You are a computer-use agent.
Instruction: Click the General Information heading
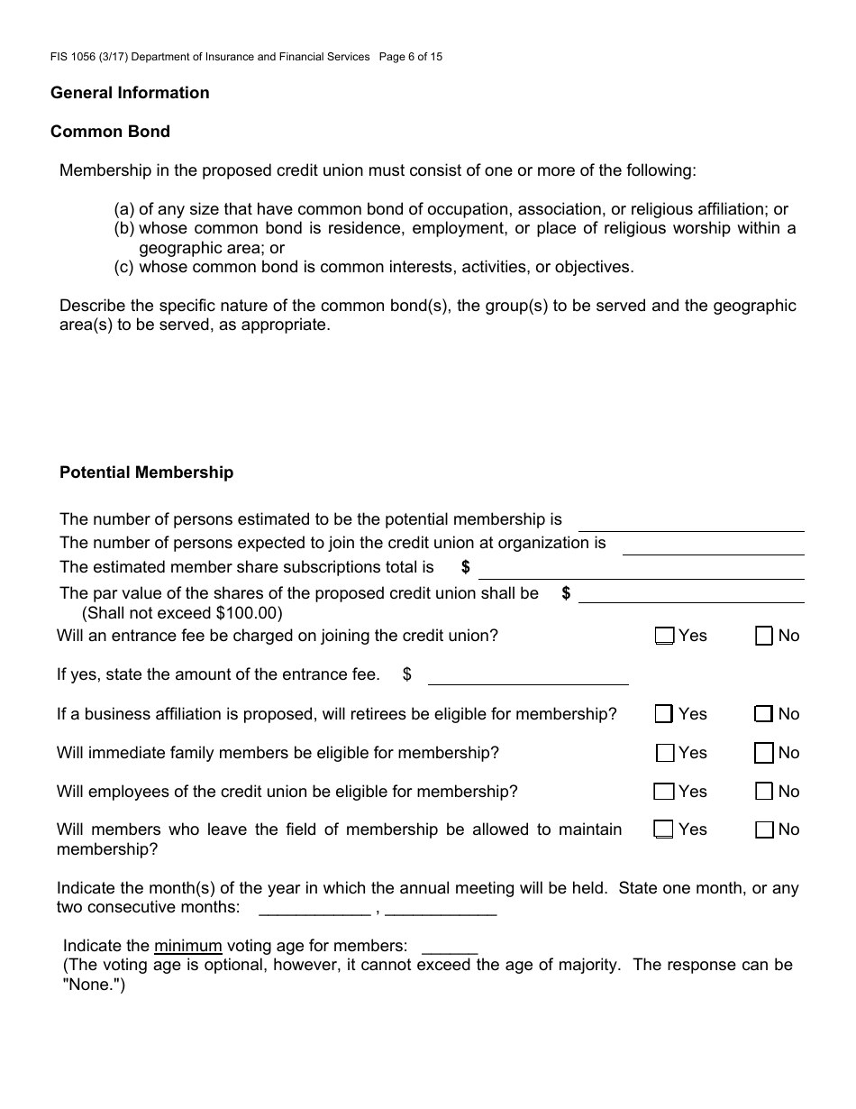click(130, 93)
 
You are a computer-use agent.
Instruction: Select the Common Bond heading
click(110, 132)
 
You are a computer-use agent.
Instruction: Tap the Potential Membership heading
click(146, 472)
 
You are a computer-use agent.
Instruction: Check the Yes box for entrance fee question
click(665, 637)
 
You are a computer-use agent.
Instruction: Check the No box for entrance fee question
click(764, 637)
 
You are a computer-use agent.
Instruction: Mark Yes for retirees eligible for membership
click(665, 714)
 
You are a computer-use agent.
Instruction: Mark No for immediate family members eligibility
click(764, 753)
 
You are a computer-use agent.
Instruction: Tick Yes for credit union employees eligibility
click(665, 792)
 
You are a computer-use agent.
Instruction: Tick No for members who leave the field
click(764, 830)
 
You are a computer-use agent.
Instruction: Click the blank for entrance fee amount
click(527, 676)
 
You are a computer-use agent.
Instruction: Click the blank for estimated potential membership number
click(690, 522)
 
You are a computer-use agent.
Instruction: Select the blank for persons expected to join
click(712, 545)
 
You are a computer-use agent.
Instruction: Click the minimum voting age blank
click(449, 947)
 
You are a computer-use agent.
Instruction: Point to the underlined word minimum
click(187, 946)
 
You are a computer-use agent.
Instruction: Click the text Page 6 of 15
click(411, 57)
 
